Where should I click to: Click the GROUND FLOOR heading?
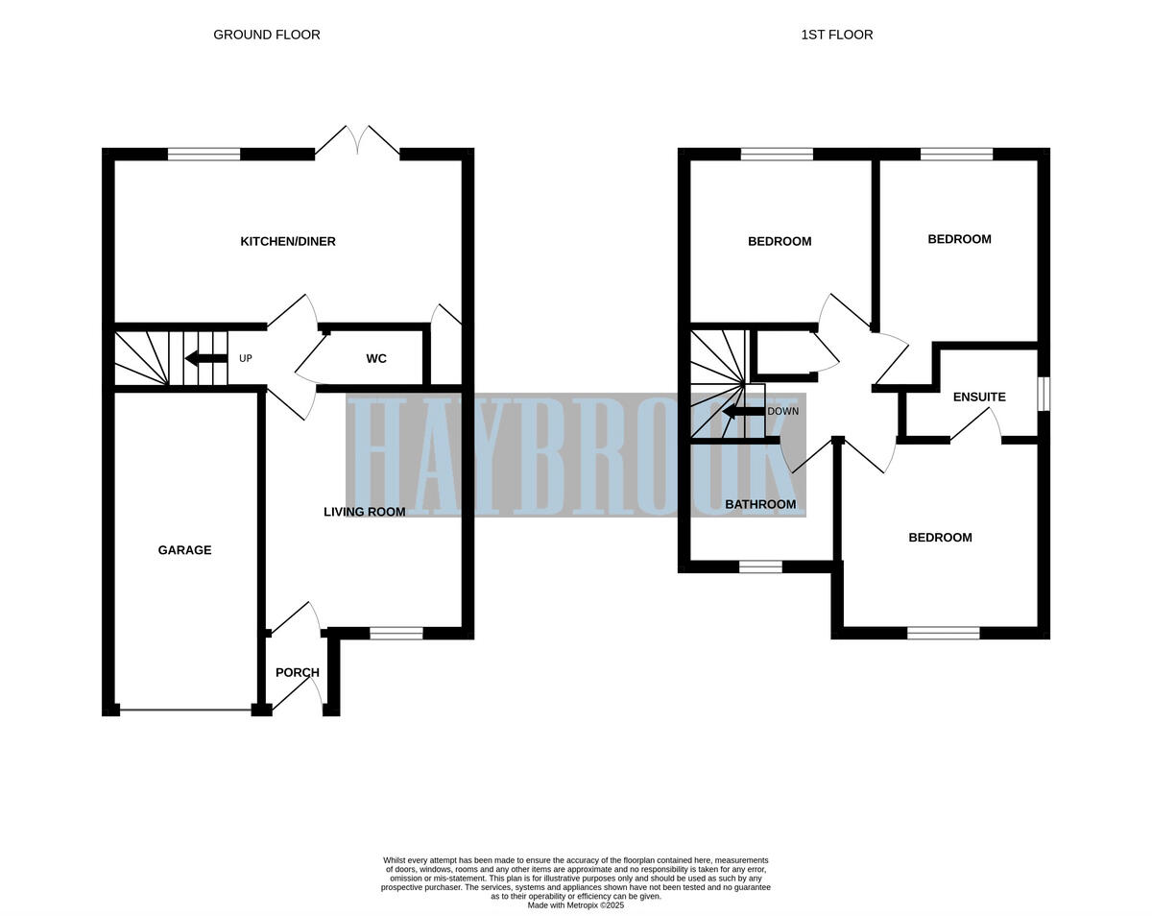pos(266,35)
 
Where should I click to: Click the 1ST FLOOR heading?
pos(836,35)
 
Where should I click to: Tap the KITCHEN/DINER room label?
pos(288,241)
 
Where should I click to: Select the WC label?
pos(376,358)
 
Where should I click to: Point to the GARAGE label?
pos(184,550)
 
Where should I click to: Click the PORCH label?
pos(297,672)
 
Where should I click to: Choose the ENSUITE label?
pos(979,397)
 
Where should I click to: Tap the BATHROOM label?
pos(760,504)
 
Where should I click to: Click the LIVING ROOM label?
pos(364,512)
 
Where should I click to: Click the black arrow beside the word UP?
pos(205,358)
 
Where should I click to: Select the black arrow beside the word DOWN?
pos(743,411)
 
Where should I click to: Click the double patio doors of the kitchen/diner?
pos(357,141)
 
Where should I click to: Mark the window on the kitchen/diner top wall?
pos(204,154)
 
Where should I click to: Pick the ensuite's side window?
pos(1044,394)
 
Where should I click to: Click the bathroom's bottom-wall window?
pos(760,567)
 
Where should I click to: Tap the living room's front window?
pos(396,633)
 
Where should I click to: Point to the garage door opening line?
pos(185,711)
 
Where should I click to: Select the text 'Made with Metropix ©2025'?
pos(575,904)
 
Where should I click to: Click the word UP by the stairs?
pos(245,358)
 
